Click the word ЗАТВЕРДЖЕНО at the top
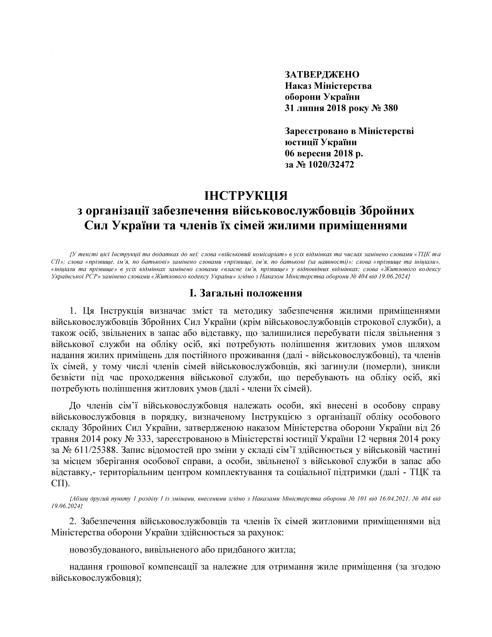click(x=322, y=75)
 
